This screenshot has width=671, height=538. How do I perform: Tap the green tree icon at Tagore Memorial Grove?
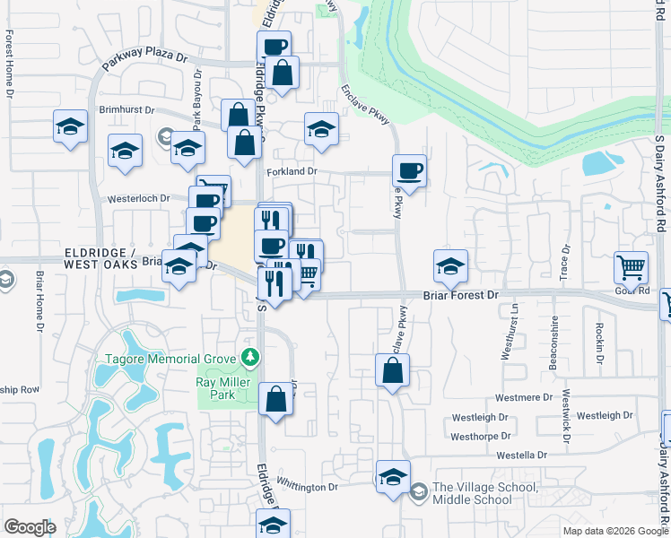tap(251, 359)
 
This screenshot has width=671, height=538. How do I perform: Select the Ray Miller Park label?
tap(215, 388)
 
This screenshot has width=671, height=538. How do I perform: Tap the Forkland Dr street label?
tap(292, 171)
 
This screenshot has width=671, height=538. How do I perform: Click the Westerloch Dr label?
tap(139, 199)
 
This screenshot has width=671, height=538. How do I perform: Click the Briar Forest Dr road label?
tap(460, 294)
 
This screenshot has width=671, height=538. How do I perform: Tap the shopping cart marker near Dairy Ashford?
tap(632, 267)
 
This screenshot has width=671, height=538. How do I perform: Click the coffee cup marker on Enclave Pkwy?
tap(409, 170)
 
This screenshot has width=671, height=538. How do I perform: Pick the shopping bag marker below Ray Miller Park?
tap(275, 399)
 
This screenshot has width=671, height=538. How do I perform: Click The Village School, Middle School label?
tap(484, 492)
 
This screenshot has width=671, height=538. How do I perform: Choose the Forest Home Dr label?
tap(9, 64)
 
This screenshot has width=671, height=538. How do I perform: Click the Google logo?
tap(30, 527)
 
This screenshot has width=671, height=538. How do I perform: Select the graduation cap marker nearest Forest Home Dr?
tap(69, 126)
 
